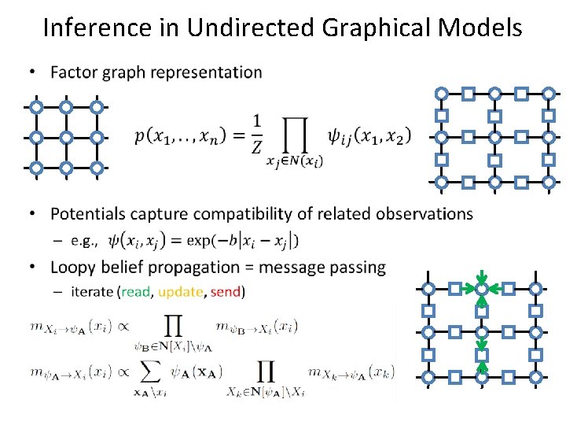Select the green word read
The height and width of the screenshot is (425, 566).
[135, 292]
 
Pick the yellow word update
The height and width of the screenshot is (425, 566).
[180, 292]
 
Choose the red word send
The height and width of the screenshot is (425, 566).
[226, 292]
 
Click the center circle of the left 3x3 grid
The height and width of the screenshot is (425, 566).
[66, 138]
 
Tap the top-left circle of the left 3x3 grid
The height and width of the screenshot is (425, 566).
[36, 107]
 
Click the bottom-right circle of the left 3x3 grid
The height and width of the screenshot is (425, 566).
[96, 168]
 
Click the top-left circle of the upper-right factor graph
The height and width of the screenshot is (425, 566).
[442, 94]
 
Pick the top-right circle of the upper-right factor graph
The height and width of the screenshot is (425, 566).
[547, 94]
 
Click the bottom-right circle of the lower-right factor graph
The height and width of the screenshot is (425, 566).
[535, 377]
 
